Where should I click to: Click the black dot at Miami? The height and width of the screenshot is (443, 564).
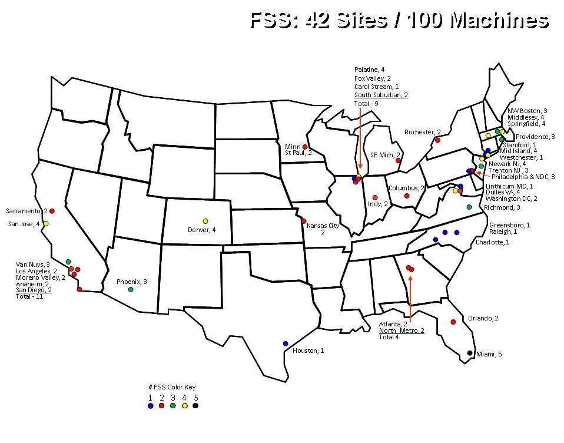tap(470, 353)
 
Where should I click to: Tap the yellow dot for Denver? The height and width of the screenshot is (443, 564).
tap(205, 221)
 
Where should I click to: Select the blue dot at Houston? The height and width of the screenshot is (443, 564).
tap(286, 343)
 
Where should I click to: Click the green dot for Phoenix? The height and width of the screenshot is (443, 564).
tap(131, 289)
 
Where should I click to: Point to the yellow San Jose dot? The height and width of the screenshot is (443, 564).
tap(46, 224)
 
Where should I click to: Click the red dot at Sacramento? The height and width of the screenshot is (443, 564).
tap(52, 211)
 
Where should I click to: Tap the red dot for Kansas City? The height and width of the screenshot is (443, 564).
tap(304, 221)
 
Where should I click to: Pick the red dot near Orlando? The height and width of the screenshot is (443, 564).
tap(453, 322)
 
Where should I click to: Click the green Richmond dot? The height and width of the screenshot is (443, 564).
tap(469, 207)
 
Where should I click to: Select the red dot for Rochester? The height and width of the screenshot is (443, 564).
tap(437, 140)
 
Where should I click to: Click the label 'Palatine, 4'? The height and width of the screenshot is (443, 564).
tap(370, 70)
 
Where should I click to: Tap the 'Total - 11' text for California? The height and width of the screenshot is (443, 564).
tap(29, 297)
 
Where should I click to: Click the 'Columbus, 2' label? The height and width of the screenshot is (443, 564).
tap(406, 188)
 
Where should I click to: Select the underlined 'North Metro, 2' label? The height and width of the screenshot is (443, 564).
tap(402, 330)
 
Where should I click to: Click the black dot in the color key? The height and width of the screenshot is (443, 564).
tap(195, 405)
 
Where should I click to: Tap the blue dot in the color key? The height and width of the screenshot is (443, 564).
tap(151, 405)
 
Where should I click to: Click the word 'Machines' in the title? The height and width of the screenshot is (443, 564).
tap(499, 21)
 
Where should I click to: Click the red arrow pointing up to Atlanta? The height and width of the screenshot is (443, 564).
tap(410, 295)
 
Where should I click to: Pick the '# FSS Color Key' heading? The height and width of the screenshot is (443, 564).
tap(172, 387)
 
